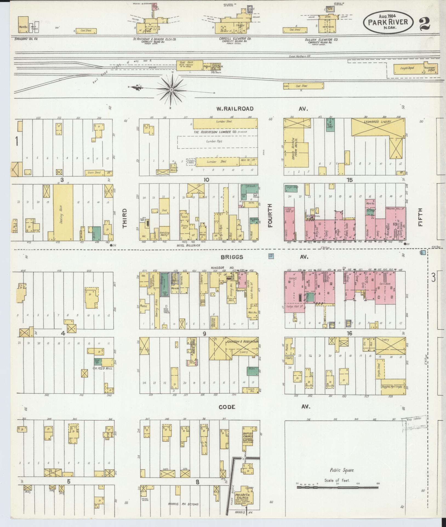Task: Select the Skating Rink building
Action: coord(63,212)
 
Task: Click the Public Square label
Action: coord(342,470)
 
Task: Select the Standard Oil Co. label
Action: coord(26,39)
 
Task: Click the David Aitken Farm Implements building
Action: coord(295,148)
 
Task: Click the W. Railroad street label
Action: coord(235,109)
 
